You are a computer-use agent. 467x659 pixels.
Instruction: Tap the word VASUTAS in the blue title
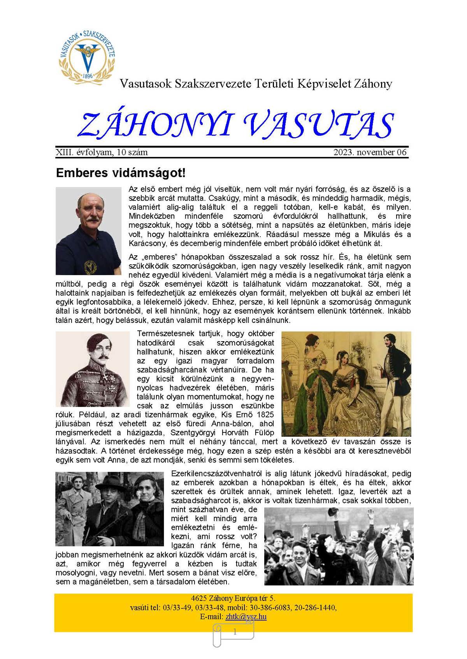(319, 125)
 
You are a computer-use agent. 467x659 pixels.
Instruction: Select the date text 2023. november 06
(370, 152)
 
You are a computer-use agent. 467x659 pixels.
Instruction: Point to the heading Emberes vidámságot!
(121, 173)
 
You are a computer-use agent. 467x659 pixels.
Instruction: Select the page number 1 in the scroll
(235, 632)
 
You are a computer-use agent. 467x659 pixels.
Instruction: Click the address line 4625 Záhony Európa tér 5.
(233, 598)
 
